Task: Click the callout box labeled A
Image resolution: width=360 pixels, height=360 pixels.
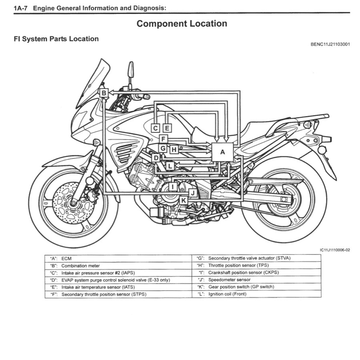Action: tap(222, 152)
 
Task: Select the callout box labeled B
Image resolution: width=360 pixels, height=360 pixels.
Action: tap(104, 93)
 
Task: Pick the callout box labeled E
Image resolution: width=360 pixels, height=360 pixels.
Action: tap(167, 128)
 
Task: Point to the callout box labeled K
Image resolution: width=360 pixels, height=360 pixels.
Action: tap(183, 200)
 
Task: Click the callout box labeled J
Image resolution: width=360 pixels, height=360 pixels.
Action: tap(193, 193)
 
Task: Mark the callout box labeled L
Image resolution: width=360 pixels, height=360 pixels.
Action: tap(170, 165)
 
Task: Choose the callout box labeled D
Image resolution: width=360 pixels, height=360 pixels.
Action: tap(156, 158)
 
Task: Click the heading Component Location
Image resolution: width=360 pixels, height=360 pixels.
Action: tap(182, 24)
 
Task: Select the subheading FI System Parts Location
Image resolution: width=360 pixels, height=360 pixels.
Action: tap(56, 39)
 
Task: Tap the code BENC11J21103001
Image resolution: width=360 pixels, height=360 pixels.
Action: tap(330, 44)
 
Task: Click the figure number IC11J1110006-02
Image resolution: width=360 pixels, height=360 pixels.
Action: tap(335, 250)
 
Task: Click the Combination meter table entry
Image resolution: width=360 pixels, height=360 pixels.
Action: tap(80, 266)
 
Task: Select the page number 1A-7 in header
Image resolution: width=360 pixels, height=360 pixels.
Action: tap(21, 8)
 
